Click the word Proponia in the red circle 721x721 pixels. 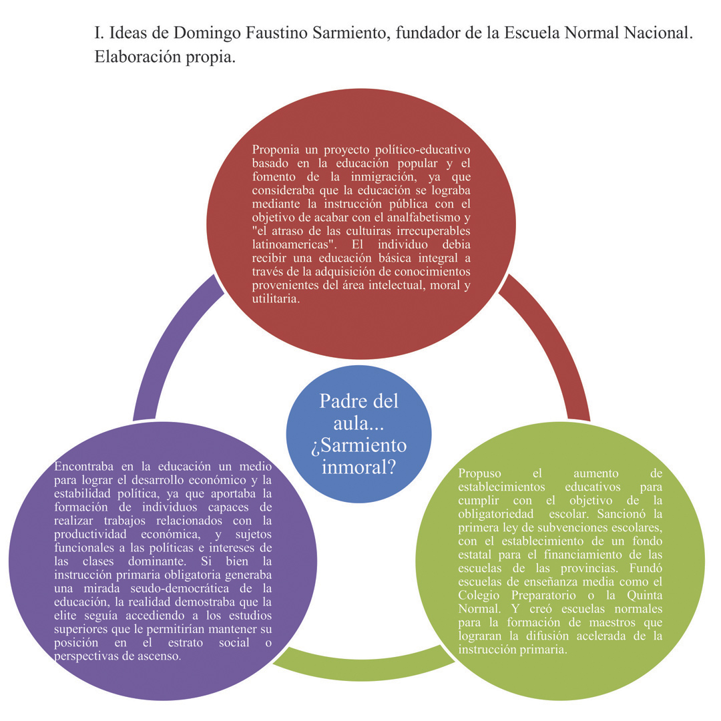point(276,148)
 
